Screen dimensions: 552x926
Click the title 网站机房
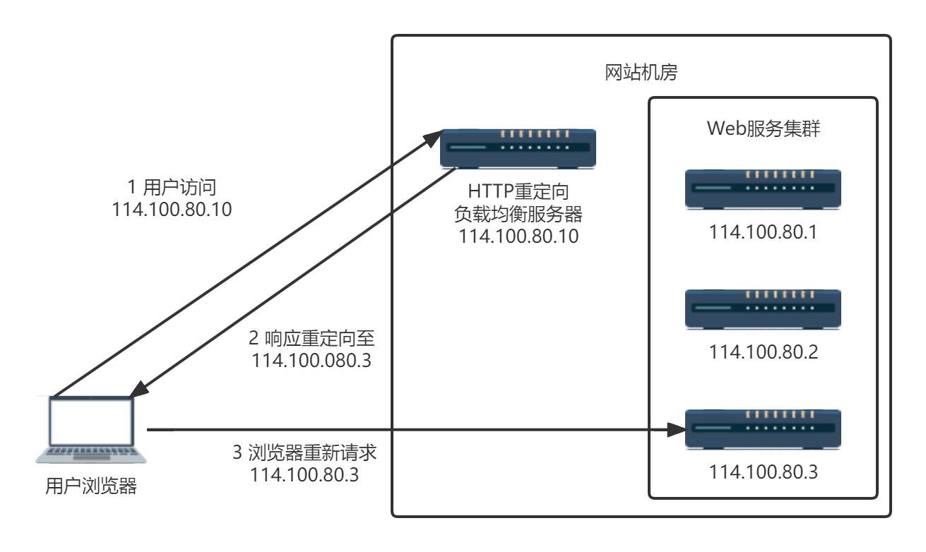tap(641, 72)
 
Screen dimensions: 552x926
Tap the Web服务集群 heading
tap(763, 129)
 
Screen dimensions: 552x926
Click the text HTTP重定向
tap(518, 191)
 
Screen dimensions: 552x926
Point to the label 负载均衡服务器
tap(518, 214)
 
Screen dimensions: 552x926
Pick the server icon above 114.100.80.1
tap(763, 188)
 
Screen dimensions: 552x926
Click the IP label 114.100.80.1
tap(763, 232)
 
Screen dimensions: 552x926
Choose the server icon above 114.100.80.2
tap(763, 308)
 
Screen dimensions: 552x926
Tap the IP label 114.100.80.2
tap(763, 352)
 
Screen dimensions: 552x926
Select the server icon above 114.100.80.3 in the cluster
tap(763, 428)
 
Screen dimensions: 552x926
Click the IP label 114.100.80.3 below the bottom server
tap(763, 472)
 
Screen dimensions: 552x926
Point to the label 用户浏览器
tap(91, 486)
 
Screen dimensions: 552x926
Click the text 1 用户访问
tap(171, 188)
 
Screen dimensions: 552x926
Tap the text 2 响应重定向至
tap(311, 338)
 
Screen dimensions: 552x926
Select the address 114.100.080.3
tap(311, 361)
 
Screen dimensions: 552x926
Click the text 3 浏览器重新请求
tap(304, 452)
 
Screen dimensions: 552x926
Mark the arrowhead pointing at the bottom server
tap(677, 429)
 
